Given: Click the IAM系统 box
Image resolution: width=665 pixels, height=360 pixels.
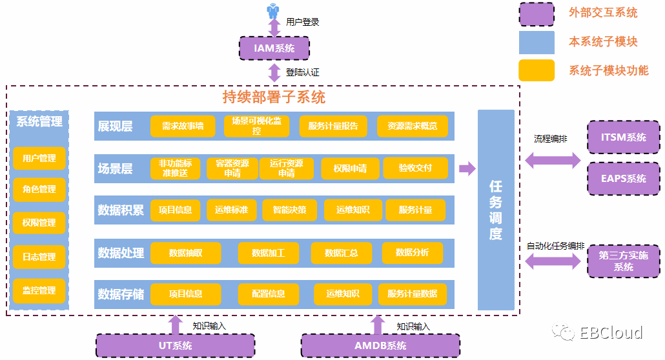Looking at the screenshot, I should tap(274, 48).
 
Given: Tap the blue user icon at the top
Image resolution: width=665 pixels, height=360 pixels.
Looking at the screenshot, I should tap(274, 10).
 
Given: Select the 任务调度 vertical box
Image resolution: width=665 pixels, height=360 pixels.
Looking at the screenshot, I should tap(496, 210).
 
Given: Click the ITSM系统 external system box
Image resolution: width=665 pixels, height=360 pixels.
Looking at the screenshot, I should tap(623, 137).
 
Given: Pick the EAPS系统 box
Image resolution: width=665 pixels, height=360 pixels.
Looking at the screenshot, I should tap(623, 178).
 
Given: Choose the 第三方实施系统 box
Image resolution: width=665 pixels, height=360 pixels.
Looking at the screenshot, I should tap(623, 261).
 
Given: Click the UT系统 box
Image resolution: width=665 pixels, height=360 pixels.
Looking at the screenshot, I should tap(175, 346).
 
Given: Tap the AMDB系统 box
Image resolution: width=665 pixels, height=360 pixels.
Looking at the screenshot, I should tap(380, 346).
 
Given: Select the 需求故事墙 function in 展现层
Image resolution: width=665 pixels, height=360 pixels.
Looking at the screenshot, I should tap(183, 126).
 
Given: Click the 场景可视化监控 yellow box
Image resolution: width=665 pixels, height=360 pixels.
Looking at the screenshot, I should tap(257, 126).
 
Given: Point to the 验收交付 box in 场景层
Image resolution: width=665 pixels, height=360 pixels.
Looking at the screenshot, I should tap(415, 168).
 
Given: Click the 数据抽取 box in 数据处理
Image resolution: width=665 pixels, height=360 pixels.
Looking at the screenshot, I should tap(186, 253).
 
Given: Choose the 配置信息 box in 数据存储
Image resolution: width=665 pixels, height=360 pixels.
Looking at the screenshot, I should tap(269, 294).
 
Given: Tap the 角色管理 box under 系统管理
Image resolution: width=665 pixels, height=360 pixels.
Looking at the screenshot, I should tap(39, 190).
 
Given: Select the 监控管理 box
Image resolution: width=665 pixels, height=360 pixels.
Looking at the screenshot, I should tap(39, 291).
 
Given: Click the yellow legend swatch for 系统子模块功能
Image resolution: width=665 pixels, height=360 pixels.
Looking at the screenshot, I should tap(537, 70).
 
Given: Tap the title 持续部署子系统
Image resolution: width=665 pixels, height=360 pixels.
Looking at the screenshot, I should tap(274, 97).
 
